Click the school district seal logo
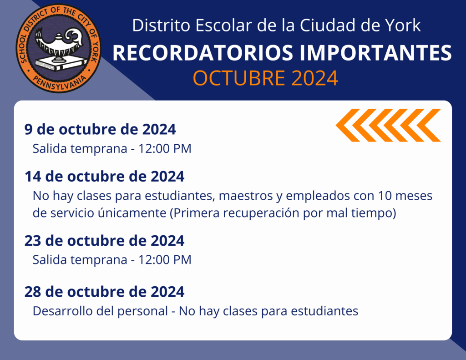[x=59, y=48]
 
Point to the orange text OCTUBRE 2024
[x=265, y=78]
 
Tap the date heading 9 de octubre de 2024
[x=100, y=129]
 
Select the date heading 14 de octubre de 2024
[x=104, y=176]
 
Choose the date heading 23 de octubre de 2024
[x=104, y=240]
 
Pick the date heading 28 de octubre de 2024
[x=104, y=291]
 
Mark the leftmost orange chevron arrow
[x=348, y=125]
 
